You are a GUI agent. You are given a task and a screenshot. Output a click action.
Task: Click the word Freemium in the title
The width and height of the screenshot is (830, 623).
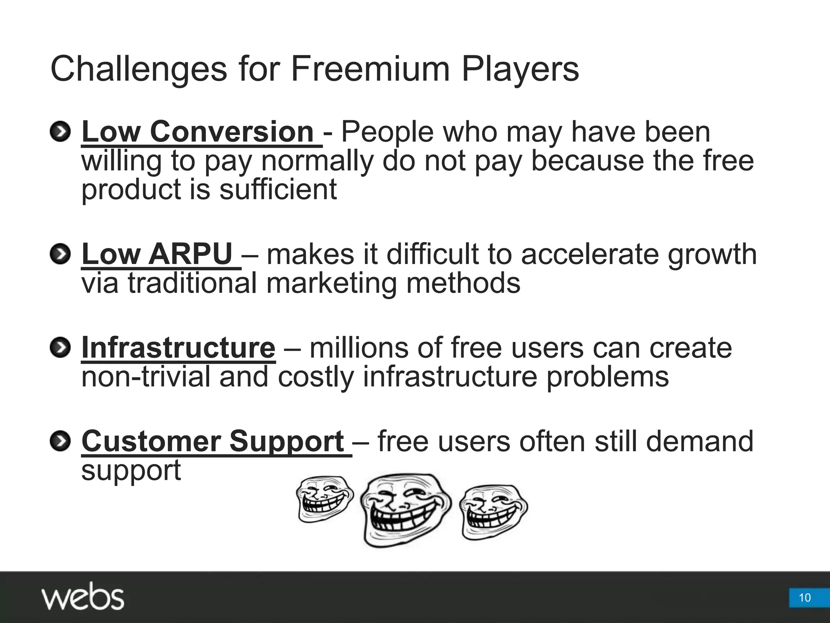point(370,69)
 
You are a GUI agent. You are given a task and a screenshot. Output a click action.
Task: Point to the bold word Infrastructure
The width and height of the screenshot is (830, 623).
point(178,348)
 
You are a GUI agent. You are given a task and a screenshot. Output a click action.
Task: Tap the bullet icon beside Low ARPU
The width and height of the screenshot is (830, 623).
point(60,254)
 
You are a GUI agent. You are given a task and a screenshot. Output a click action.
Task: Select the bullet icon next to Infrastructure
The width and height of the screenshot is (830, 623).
point(60,348)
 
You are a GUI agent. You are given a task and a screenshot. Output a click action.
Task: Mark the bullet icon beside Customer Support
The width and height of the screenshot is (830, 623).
point(60,441)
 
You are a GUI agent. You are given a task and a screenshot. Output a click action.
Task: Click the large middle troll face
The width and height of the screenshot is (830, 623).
point(406,510)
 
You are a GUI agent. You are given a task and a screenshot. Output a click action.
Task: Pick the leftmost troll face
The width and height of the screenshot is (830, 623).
point(325,499)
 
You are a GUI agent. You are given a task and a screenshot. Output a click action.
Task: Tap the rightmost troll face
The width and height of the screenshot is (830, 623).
point(493,511)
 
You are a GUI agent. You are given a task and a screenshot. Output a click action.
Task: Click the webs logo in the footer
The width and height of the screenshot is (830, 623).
point(83,596)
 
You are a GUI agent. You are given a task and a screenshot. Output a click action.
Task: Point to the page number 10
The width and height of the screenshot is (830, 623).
point(804,597)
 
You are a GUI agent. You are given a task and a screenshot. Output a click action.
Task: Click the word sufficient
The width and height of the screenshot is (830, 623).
point(278,190)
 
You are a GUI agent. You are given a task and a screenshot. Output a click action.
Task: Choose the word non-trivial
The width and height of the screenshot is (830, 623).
point(145,377)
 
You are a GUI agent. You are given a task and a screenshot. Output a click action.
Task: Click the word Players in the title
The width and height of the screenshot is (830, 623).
point(520,69)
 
